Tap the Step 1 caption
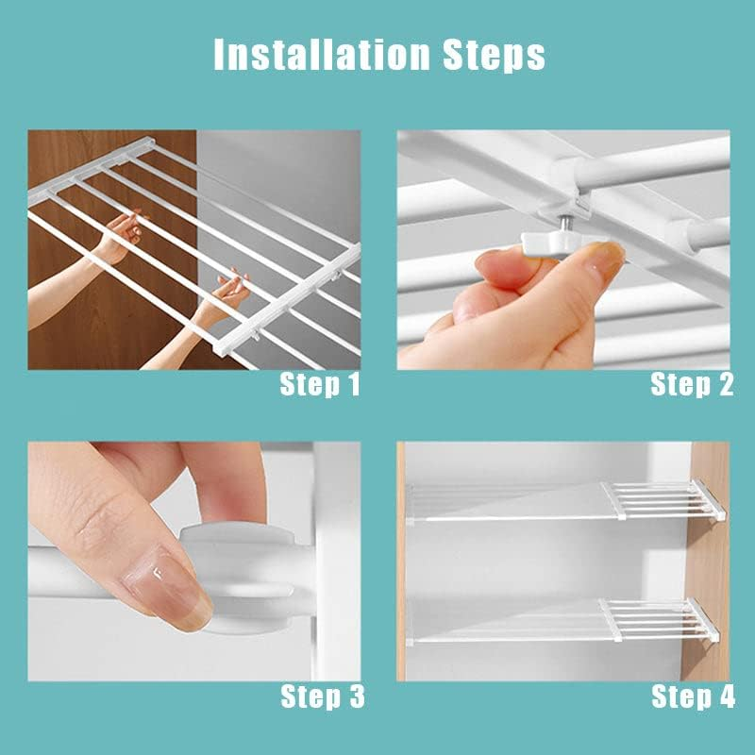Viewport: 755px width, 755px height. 320,384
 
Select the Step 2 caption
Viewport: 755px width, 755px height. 691,384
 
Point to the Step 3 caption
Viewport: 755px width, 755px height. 322,697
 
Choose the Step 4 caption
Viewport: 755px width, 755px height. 692,697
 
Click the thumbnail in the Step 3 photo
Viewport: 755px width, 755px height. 169,590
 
